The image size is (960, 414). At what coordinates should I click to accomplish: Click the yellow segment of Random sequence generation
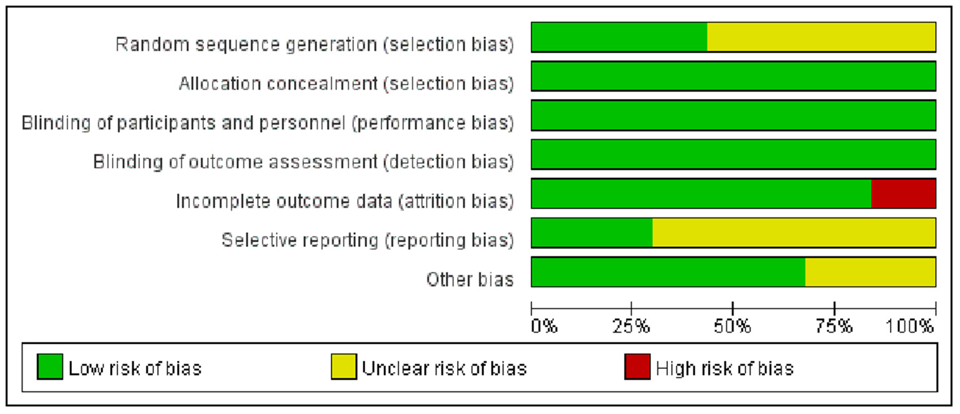point(821,36)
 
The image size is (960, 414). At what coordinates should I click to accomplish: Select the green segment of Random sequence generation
point(619,36)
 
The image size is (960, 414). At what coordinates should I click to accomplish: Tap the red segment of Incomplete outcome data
point(903,193)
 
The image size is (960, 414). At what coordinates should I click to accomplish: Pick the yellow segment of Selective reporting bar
point(794,233)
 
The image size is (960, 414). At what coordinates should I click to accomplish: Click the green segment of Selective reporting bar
point(592,233)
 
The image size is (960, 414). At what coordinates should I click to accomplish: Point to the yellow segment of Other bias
point(870,272)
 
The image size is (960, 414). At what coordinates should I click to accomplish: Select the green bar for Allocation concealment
point(733,76)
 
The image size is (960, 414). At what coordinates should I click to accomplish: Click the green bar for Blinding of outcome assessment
point(733,154)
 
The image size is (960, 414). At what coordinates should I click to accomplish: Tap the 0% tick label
point(543,326)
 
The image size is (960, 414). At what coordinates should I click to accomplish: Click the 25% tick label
point(632,326)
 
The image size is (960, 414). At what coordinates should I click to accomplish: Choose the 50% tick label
point(732,326)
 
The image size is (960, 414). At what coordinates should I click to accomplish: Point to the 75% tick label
point(834,326)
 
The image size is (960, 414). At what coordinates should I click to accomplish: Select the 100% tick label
point(910,326)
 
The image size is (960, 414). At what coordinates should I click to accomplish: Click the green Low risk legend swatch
point(50,367)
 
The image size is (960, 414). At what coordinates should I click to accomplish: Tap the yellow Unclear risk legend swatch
point(343,367)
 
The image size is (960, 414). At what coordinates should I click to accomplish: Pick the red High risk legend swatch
point(637,367)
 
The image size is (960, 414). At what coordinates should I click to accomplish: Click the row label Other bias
point(470,279)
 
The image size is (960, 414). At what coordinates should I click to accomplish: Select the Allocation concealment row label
point(346,84)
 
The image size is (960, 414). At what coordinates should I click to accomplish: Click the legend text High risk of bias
point(724,368)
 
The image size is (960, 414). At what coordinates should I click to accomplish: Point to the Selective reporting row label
point(368,240)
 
